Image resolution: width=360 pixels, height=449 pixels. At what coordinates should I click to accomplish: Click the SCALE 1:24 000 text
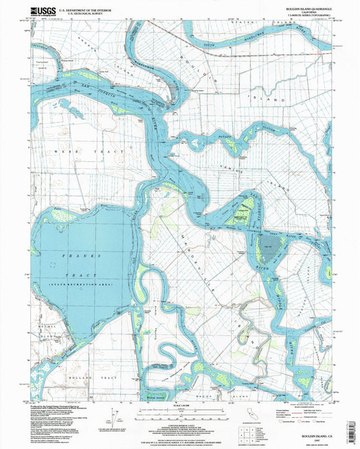179,405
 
